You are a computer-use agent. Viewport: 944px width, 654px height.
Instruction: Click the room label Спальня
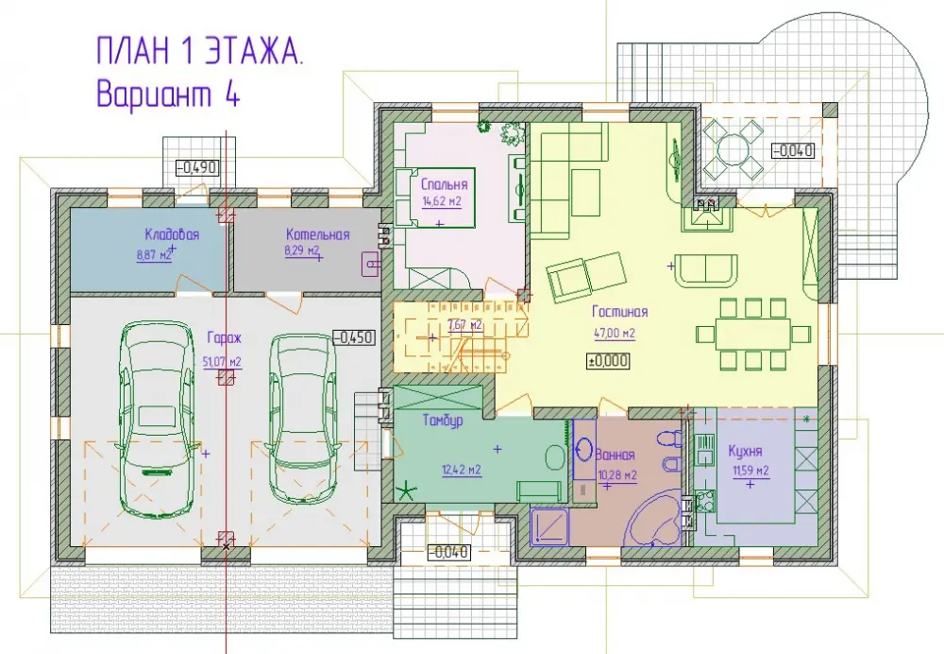click(x=444, y=184)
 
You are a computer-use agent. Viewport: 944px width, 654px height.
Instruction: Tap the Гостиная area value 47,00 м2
click(x=615, y=333)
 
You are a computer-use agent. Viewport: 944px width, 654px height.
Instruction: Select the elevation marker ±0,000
click(x=608, y=361)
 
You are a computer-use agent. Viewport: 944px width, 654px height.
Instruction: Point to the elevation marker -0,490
click(x=197, y=168)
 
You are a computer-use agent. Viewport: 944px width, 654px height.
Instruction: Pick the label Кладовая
click(x=172, y=234)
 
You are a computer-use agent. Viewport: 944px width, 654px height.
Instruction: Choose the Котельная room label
click(x=318, y=234)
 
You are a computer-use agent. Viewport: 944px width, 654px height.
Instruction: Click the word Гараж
click(x=224, y=338)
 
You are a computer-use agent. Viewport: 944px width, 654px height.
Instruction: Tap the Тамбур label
click(x=443, y=421)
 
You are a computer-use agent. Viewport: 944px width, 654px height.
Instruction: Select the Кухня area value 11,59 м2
click(x=750, y=471)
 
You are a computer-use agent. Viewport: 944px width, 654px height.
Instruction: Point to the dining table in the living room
click(x=753, y=333)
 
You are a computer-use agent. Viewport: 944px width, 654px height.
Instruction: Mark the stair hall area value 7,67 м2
click(x=465, y=325)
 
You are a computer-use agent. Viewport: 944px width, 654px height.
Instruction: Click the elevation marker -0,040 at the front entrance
click(x=448, y=552)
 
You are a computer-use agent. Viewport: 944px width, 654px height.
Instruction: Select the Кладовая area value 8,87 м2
click(x=154, y=254)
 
